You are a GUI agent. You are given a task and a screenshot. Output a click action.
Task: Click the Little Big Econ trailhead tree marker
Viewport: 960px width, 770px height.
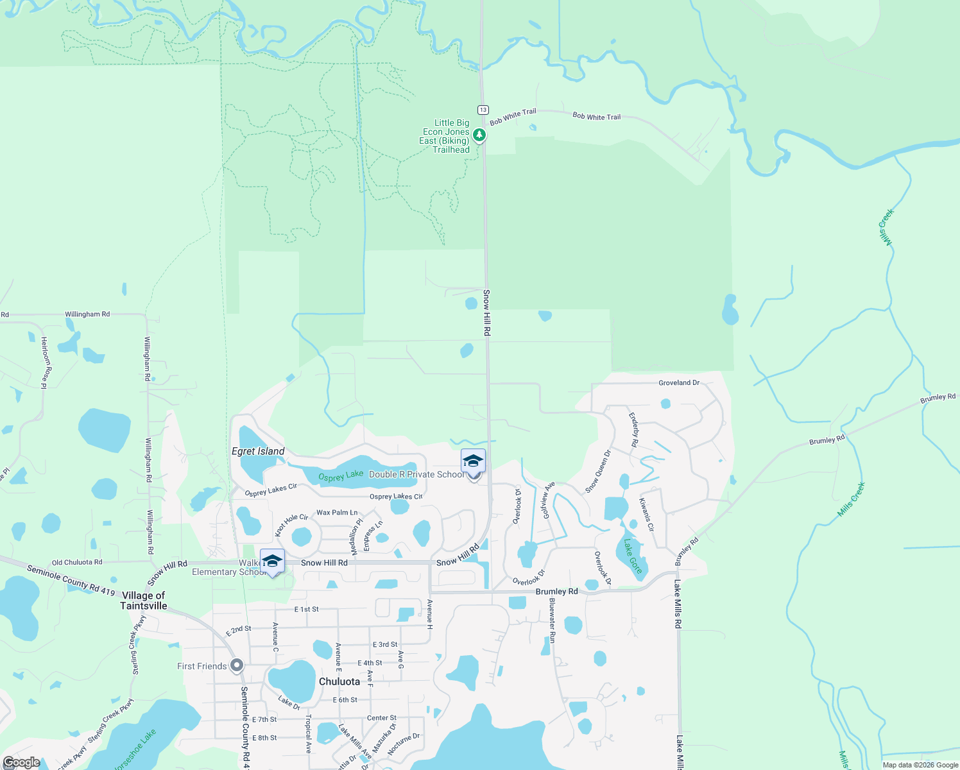click(479, 135)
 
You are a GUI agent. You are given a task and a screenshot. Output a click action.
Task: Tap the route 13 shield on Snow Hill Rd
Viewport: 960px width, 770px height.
click(483, 110)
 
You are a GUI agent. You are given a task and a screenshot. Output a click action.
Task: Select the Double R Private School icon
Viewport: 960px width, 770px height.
click(473, 462)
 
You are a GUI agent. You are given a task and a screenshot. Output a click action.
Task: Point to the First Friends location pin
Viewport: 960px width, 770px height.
click(237, 665)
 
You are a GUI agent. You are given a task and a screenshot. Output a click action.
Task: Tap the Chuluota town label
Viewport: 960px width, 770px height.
click(339, 681)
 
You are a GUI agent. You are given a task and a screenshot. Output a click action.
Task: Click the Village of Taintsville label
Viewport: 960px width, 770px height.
click(144, 601)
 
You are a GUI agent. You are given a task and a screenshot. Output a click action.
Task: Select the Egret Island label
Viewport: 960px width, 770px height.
click(258, 451)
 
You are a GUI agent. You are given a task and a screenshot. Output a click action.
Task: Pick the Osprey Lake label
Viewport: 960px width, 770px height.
click(341, 475)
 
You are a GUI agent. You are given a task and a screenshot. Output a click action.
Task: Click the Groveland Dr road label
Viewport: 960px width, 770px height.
click(678, 382)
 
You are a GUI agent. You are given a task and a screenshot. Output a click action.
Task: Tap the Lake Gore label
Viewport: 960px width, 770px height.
click(632, 556)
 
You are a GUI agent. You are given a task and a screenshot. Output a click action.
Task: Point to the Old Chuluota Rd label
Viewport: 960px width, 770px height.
click(77, 562)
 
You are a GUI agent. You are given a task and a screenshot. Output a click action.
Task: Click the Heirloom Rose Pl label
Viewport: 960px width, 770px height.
click(44, 363)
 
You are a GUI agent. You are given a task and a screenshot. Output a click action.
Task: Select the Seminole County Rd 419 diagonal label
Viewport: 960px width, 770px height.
click(71, 579)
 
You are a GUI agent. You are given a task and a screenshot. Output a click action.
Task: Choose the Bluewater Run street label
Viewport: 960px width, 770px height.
click(552, 620)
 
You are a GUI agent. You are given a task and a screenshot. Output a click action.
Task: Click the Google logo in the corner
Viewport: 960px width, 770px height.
click(21, 762)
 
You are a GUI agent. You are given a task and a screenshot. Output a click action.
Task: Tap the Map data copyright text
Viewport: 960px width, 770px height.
click(920, 765)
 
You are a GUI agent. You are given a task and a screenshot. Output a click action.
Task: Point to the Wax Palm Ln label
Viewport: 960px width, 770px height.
click(337, 513)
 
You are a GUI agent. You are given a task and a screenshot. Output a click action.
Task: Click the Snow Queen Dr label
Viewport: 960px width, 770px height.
click(598, 472)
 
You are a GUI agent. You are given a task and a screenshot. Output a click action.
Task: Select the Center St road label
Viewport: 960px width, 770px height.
click(381, 718)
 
